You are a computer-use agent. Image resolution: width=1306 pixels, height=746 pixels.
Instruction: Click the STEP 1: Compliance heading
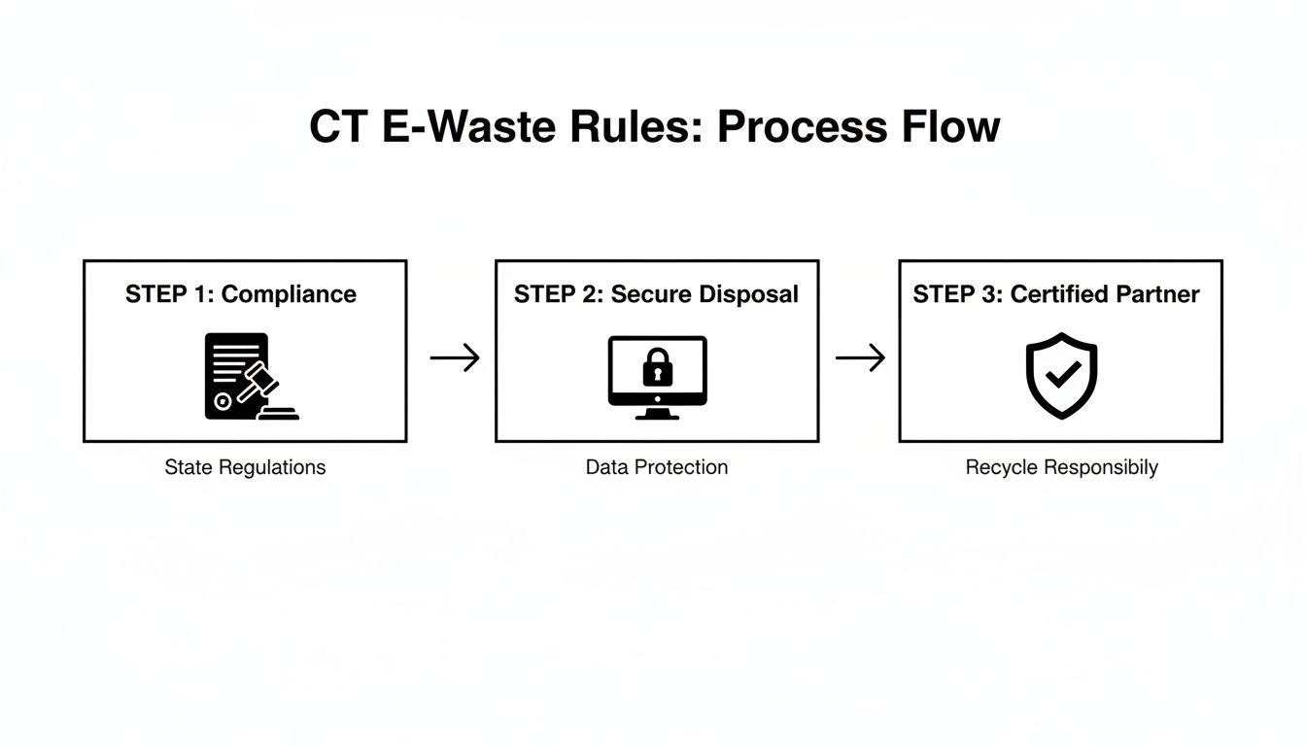point(241,294)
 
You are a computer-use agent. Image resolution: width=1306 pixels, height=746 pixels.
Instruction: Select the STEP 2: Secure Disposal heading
point(656,294)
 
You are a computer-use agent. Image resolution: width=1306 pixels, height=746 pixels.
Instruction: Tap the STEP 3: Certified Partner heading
point(1056,294)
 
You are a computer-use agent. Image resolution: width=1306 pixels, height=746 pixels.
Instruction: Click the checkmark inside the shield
point(1061,373)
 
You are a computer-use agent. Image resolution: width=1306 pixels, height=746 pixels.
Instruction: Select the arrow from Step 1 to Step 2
point(455,358)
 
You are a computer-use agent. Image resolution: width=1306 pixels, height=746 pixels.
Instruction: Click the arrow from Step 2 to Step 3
point(860,358)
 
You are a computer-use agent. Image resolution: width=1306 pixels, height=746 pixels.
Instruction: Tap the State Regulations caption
point(245,467)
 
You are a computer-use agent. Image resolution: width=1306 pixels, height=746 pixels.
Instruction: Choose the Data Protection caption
point(656,467)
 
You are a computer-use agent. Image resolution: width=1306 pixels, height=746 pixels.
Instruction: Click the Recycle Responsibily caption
point(1061,467)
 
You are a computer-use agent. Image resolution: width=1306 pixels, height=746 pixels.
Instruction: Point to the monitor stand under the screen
point(657,413)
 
